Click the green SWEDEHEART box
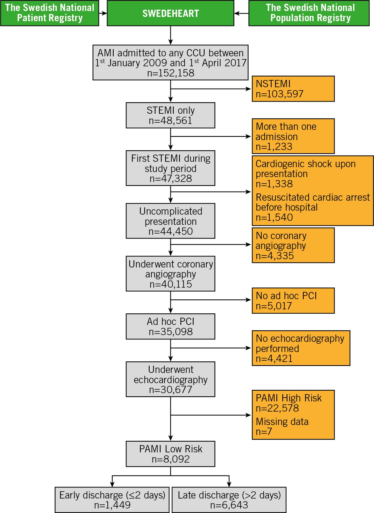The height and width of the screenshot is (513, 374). click(171, 13)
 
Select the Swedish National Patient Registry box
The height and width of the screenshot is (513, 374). click(50, 13)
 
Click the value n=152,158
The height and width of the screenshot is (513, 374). click(171, 73)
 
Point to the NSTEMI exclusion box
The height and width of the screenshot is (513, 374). click(293, 89)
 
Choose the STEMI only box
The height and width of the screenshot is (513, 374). click(171, 115)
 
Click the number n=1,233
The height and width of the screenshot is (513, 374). click(274, 146)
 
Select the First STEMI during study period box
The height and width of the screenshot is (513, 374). click(171, 168)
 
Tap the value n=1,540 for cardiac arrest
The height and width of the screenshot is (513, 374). click(274, 217)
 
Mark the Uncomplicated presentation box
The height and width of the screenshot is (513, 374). click(171, 221)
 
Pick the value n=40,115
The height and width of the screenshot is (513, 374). click(171, 284)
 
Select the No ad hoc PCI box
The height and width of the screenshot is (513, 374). click(293, 301)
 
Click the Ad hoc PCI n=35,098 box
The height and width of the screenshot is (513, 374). click(171, 327)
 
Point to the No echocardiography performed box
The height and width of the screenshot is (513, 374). click(301, 348)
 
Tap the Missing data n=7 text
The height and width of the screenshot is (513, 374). click(282, 427)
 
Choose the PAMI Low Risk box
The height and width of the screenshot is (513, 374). click(171, 454)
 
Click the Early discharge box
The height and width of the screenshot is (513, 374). click(112, 500)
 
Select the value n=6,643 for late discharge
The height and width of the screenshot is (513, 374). click(229, 505)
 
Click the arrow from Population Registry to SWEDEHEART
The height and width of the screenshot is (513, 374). click(241, 13)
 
